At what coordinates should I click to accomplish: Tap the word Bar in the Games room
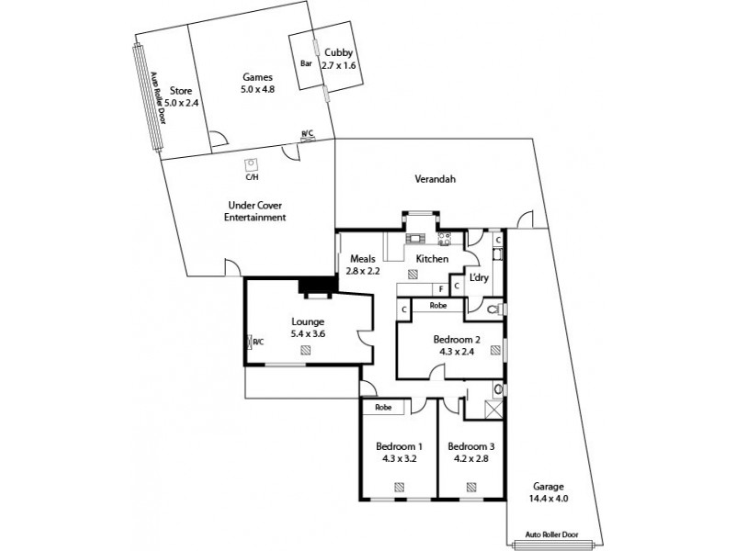[306, 63]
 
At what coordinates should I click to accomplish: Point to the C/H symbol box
[250, 165]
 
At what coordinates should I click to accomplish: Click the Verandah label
[435, 180]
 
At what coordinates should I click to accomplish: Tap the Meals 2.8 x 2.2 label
[363, 265]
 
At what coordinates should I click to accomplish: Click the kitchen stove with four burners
[446, 240]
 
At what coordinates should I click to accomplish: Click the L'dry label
[479, 277]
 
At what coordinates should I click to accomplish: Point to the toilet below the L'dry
[495, 309]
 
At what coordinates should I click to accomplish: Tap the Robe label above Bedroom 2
[438, 304]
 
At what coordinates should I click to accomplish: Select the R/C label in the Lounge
[258, 343]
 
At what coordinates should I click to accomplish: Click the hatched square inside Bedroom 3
[469, 487]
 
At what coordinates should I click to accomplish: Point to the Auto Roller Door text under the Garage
[552, 533]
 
